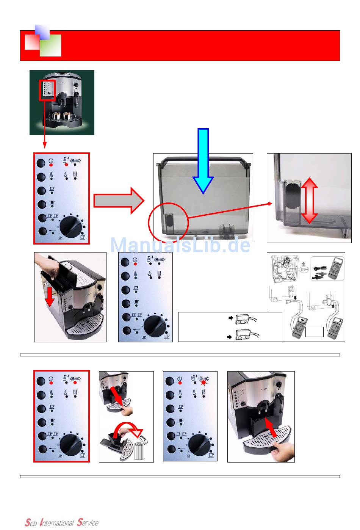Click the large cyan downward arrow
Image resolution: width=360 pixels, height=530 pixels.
[x=203, y=161]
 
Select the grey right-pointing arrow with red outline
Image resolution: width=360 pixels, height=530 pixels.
[x=119, y=201]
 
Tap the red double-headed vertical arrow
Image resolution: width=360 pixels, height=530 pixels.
[x=309, y=201]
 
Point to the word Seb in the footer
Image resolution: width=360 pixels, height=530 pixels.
[x=31, y=522]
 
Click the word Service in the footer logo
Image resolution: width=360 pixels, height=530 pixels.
[x=88, y=522]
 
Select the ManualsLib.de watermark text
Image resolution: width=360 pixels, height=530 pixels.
[x=180, y=245]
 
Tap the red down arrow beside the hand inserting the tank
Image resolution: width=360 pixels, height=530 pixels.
[x=50, y=297]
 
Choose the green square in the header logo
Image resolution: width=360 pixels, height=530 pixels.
[x=50, y=45]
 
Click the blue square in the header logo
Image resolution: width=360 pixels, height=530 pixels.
[x=42, y=32]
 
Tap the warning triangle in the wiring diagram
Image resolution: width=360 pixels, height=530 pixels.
[x=304, y=264]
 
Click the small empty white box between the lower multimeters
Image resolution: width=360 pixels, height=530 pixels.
[x=315, y=332]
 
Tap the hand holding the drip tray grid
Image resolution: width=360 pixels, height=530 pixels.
[x=283, y=452]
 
